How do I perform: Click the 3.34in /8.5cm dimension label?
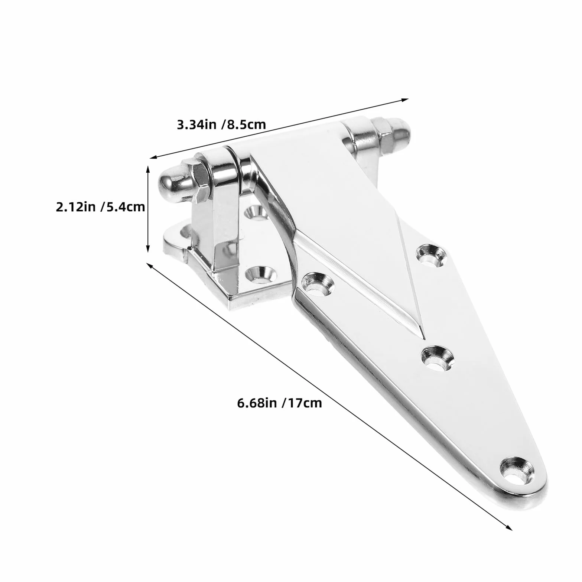[221, 124]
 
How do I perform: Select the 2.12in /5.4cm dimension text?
[100, 207]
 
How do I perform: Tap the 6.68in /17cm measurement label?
[279, 403]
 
